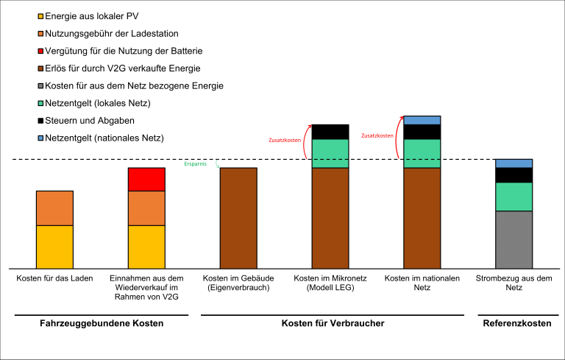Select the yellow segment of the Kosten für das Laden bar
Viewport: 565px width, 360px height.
[x=54, y=247]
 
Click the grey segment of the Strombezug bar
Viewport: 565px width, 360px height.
[x=514, y=239]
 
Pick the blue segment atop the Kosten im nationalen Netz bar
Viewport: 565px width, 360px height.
[x=422, y=120]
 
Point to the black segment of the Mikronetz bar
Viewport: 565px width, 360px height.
[x=330, y=132]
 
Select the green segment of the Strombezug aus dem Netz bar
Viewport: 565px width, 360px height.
[x=514, y=197]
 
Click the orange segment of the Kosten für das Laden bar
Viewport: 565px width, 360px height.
[x=54, y=208]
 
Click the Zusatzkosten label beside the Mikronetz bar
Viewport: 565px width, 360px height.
[x=285, y=139]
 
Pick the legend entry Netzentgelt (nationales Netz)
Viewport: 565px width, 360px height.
[x=104, y=138]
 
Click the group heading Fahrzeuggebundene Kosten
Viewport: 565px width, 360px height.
[x=101, y=323]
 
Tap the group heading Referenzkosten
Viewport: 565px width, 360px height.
[x=516, y=323]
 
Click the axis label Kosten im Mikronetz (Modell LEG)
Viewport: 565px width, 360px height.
[x=330, y=283]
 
